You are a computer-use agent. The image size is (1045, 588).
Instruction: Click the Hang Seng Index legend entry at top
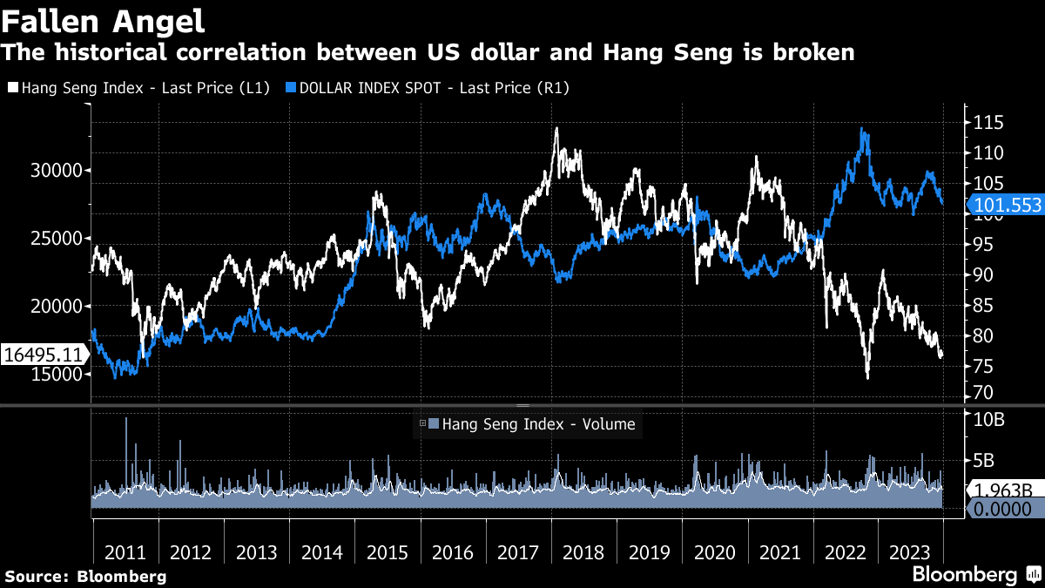(x=139, y=87)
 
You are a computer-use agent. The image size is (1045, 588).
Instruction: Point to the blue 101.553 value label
(x=1005, y=205)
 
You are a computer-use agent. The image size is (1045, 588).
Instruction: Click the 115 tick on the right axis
(x=988, y=122)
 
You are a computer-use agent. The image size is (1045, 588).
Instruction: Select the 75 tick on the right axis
(x=983, y=367)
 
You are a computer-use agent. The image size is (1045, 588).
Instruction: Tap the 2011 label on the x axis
(x=125, y=552)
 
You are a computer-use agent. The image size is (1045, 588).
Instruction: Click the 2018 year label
(x=583, y=552)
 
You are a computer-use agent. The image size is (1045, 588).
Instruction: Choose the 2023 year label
(x=910, y=552)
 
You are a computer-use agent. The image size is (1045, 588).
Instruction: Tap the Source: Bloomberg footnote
(x=84, y=576)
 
